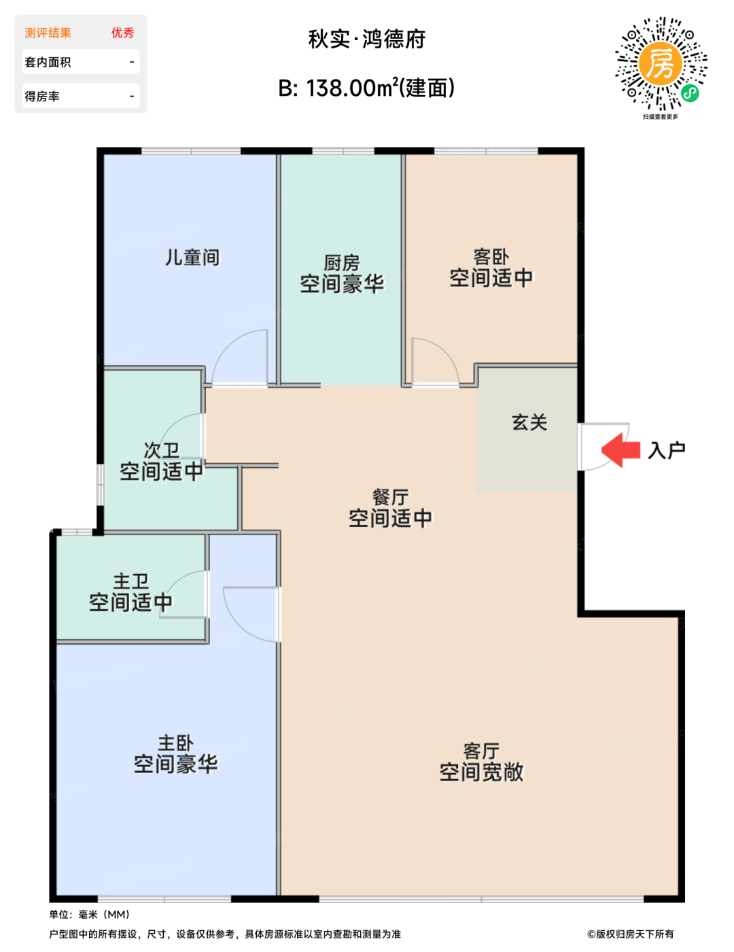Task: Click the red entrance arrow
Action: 621,450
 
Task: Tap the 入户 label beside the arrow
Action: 666,450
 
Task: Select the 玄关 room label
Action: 529,422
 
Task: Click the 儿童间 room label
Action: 192,257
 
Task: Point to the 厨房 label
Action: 342,263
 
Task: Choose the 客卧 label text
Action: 491,257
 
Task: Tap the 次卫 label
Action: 162,450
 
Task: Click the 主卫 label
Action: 131,581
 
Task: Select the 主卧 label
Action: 175,743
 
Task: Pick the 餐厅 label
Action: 390,497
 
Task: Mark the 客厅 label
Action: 481,751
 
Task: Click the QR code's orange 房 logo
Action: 661,64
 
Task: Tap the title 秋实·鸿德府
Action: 367,39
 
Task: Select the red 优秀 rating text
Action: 122,33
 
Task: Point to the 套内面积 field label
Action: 48,62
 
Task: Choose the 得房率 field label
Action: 42,97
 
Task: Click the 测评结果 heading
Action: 48,33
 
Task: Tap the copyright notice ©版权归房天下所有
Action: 630,934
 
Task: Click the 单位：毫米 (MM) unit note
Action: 90,915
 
